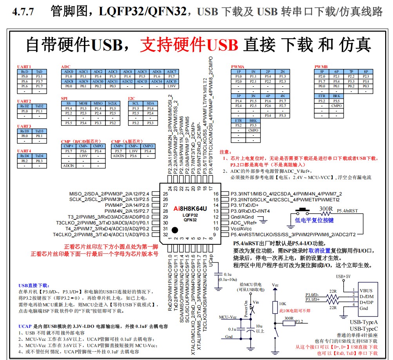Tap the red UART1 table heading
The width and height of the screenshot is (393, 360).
click(24, 67)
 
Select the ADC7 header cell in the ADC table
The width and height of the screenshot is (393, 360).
click(171, 72)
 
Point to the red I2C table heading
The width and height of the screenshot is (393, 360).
click(132, 98)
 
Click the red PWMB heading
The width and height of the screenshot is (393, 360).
click(321, 67)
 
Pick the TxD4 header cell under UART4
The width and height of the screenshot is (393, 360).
click(39, 156)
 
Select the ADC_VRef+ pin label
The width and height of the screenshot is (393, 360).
click(243, 223)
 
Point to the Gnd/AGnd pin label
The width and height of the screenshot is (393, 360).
click(243, 217)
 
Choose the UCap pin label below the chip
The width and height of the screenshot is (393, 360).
click(211, 259)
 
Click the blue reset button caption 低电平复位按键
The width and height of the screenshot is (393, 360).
click(314, 221)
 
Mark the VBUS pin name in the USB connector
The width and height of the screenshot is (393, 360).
click(367, 290)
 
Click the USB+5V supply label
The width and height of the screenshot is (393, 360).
click(344, 277)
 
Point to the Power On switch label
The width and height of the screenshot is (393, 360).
click(246, 308)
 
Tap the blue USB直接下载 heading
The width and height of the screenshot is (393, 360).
click(34, 286)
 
